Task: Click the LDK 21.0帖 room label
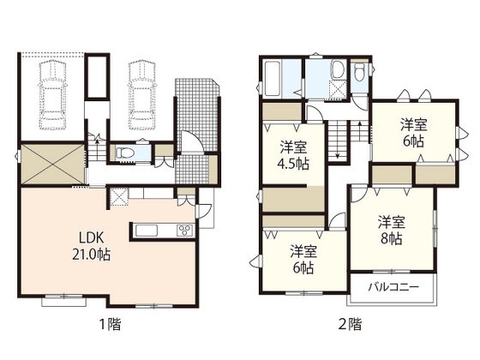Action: [x=91, y=245]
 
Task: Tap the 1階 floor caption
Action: [x=111, y=325]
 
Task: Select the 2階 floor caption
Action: [x=351, y=325]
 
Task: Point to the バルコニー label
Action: [x=393, y=287]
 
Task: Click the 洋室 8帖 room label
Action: [x=392, y=231]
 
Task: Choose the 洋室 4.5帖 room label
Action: [x=293, y=155]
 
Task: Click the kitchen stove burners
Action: [x=184, y=231]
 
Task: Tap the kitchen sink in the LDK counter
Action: [x=147, y=231]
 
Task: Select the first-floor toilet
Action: [x=125, y=153]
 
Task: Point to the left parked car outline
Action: [x=52, y=94]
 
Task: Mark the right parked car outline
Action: [x=141, y=95]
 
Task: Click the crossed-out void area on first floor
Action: [x=52, y=165]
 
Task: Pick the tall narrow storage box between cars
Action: [x=97, y=76]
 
